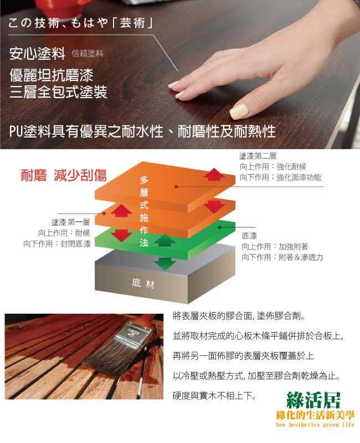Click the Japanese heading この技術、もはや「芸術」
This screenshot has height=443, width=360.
pos(80,23)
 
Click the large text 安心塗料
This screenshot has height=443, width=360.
pos(37,53)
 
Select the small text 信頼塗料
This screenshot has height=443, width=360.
pos(88,53)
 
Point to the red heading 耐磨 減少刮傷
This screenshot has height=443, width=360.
pos(64,175)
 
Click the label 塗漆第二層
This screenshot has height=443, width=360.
pos(258,156)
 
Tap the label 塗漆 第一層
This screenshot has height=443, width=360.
pos(70,222)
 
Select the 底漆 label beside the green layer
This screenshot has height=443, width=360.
pos(249,236)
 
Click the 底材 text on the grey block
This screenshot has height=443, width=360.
pos(143,283)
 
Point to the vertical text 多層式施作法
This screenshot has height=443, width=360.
pos(144,211)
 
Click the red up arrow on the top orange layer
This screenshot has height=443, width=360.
pos(214,174)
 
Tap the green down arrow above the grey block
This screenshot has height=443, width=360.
pos(165,263)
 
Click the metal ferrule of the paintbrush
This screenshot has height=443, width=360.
pos(133,337)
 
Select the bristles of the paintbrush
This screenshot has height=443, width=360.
pos(107,359)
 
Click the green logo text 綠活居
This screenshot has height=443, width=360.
pos(313,400)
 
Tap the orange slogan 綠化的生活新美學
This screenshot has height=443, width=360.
pos(315,416)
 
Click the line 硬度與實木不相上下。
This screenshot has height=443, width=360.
pos(215,395)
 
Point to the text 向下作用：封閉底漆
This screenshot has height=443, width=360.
pos(57,244)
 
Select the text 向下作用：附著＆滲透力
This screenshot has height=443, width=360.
pos(282,257)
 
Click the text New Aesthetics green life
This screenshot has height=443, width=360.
pos(315,425)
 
